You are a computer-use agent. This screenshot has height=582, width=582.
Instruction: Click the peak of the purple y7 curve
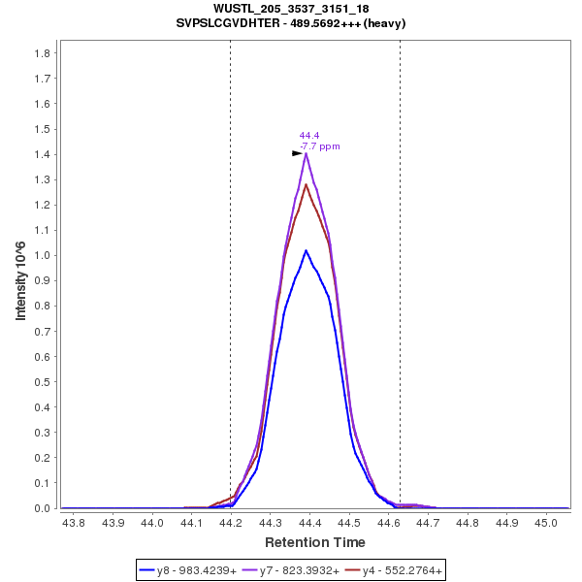coord(306,153)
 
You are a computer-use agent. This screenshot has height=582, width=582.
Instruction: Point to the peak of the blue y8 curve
coord(306,250)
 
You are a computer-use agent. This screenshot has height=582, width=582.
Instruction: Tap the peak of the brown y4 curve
coord(306,184)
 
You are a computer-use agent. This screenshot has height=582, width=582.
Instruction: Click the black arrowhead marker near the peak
coord(298,153)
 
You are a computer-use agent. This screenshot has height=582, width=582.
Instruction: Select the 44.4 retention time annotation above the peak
coord(309,136)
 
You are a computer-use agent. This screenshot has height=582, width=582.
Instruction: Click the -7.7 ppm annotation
coord(320,146)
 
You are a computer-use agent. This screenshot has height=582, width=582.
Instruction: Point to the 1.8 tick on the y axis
coord(43,53)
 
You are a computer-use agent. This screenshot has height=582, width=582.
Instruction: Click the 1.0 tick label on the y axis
coord(43,255)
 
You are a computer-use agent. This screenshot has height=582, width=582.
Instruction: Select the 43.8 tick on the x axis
coord(73,523)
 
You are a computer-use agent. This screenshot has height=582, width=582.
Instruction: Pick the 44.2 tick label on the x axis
coord(231,523)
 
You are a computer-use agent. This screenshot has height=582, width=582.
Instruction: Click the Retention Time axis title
coord(315,542)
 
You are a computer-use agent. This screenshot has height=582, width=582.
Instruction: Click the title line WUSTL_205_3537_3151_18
coord(291,8)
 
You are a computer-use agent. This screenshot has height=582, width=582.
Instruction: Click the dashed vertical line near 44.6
coord(400,291)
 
